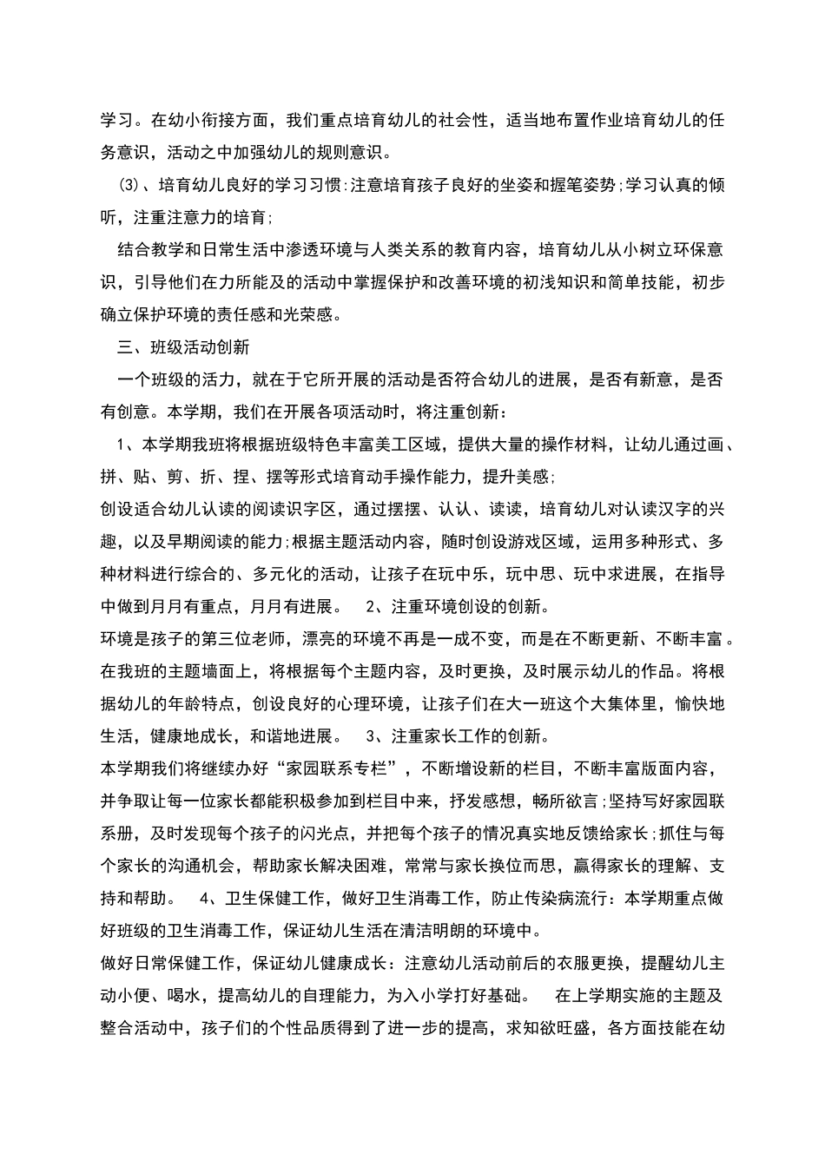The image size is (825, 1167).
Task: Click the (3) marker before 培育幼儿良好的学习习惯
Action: [128, 185]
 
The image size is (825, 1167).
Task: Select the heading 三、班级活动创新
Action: [183, 347]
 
